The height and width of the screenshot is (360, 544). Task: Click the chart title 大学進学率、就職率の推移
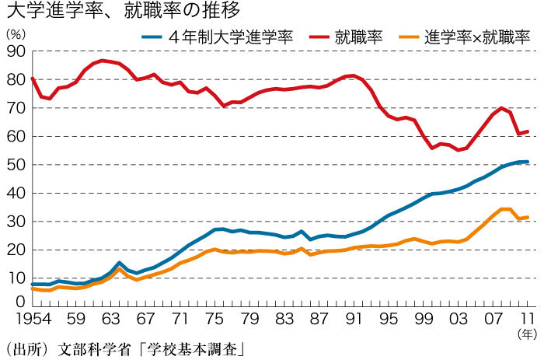(120, 11)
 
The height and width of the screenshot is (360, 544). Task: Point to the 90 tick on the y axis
(15, 51)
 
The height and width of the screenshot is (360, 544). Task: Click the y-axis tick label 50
(15, 165)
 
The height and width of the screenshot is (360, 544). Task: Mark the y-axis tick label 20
(15, 250)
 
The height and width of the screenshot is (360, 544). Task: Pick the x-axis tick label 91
(354, 318)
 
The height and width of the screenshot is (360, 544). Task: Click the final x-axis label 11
(528, 318)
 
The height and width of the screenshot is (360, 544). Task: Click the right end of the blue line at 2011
(528, 162)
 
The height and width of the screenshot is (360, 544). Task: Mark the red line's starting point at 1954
(32, 78)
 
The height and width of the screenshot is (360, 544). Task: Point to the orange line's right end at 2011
(528, 217)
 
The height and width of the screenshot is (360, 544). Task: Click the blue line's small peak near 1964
(120, 263)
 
